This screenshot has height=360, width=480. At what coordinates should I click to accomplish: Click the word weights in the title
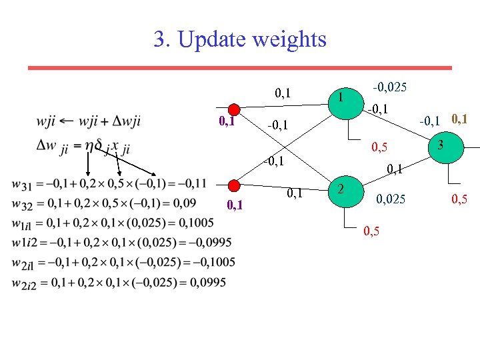click(x=287, y=40)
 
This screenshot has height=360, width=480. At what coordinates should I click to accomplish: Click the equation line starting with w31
click(x=109, y=183)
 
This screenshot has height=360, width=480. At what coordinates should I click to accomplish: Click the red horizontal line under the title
click(x=239, y=68)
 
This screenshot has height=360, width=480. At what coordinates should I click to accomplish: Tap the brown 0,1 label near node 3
click(x=459, y=119)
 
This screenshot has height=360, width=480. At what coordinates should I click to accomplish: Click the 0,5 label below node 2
click(x=373, y=231)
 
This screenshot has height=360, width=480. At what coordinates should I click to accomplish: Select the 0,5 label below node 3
click(x=458, y=199)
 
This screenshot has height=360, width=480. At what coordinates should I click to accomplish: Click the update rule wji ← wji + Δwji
click(x=89, y=121)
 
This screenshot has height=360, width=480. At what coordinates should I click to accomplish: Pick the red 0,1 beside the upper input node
click(x=227, y=123)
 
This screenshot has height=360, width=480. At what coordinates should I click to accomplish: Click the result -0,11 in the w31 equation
click(x=193, y=183)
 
